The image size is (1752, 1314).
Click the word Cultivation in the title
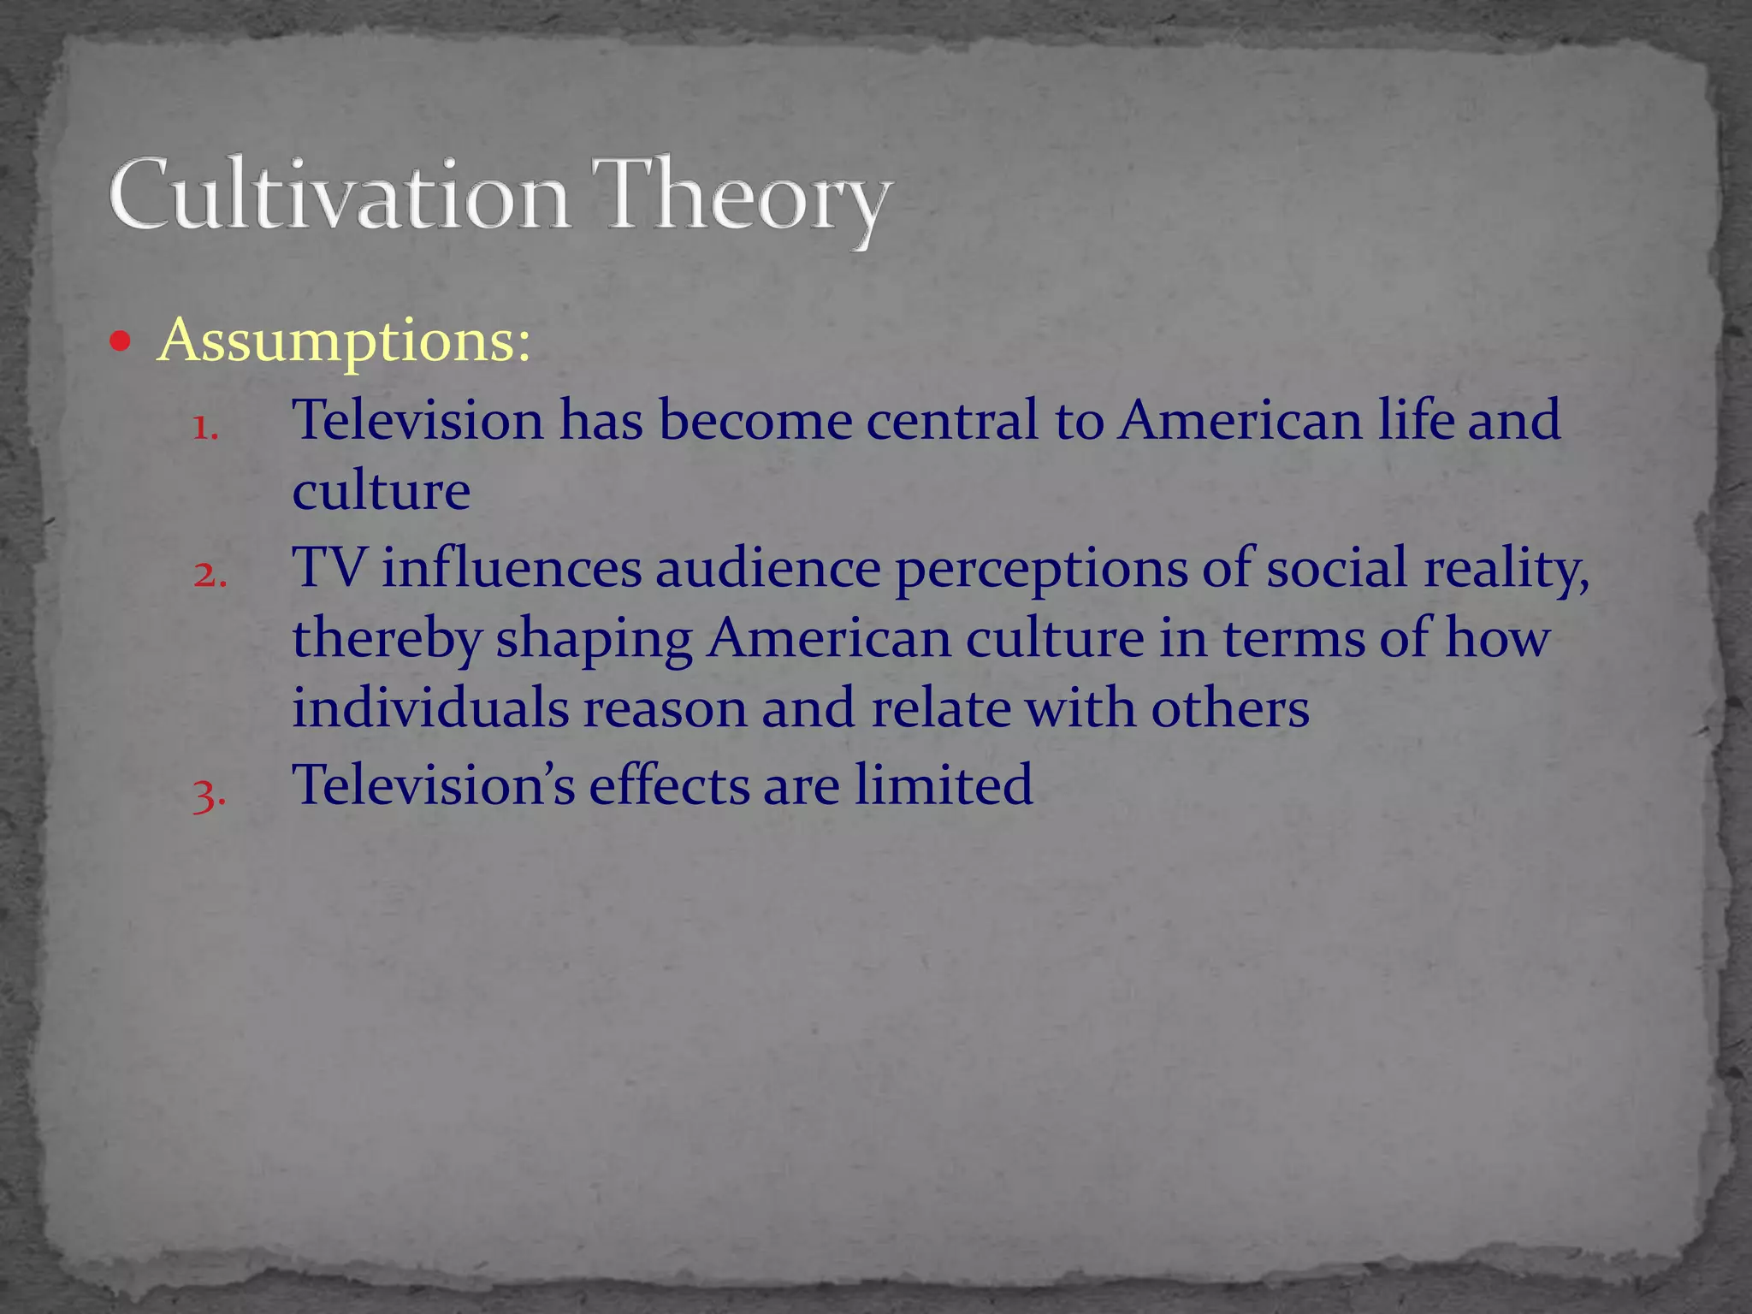pyautogui.click(x=339, y=195)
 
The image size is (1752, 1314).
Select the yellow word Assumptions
pyautogui.click(x=344, y=340)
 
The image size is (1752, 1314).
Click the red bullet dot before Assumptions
pyautogui.click(x=121, y=343)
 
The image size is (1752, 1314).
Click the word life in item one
pyautogui.click(x=1416, y=420)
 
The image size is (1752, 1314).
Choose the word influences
pyautogui.click(x=512, y=568)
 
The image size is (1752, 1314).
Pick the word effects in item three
pyautogui.click(x=668, y=784)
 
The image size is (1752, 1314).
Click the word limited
pyautogui.click(x=944, y=784)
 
